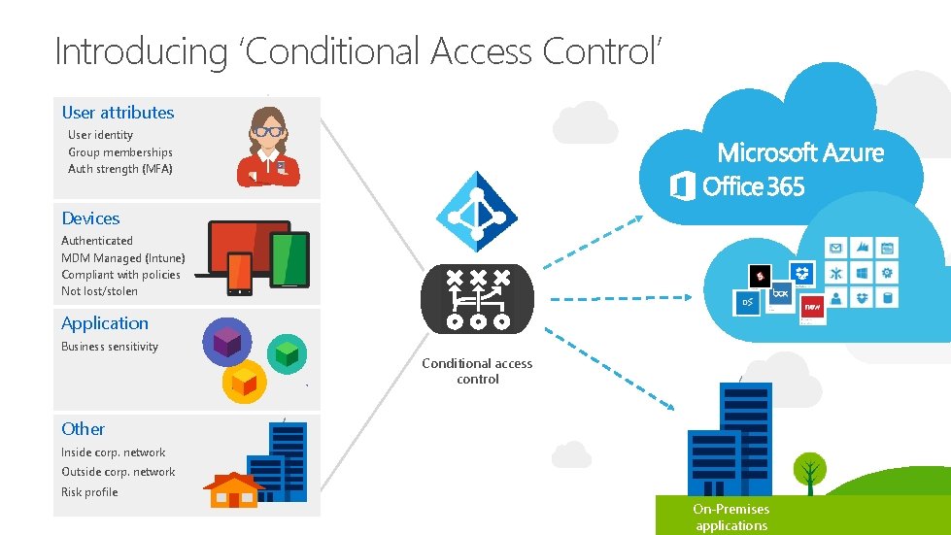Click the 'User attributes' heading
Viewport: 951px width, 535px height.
(118, 113)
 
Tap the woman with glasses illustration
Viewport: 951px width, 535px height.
(265, 147)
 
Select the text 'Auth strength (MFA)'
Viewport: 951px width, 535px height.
(120, 169)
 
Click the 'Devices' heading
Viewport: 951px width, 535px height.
(90, 218)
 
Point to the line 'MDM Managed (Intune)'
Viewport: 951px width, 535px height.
(122, 257)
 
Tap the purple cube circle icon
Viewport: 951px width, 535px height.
(226, 342)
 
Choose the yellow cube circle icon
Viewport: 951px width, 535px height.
(244, 382)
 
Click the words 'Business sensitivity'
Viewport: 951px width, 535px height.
(110, 347)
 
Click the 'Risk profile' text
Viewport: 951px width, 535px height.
(89, 492)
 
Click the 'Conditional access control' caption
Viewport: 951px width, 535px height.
(477, 371)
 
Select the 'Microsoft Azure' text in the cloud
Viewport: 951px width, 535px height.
(800, 152)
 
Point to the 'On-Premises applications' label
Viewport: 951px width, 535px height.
(731, 518)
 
